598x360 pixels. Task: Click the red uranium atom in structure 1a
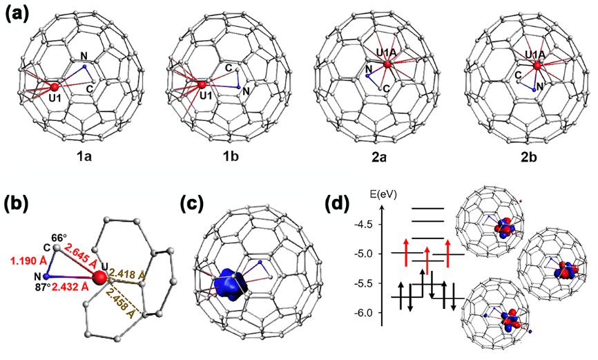[54, 88]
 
